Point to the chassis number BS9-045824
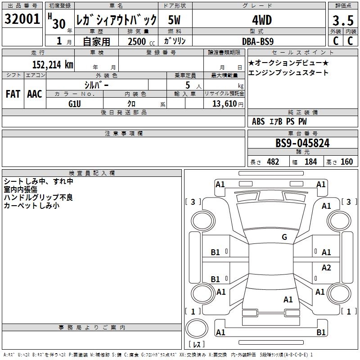(x=302, y=143)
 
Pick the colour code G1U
(x=74, y=103)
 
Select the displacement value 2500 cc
(x=136, y=41)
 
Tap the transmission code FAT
(x=13, y=94)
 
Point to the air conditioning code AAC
(x=34, y=94)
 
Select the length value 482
(x=273, y=162)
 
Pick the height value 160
(x=346, y=162)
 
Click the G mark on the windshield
(x=284, y=237)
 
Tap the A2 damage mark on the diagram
(x=326, y=268)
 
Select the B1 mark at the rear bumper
(x=321, y=333)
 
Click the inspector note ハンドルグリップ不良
(x=38, y=197)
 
